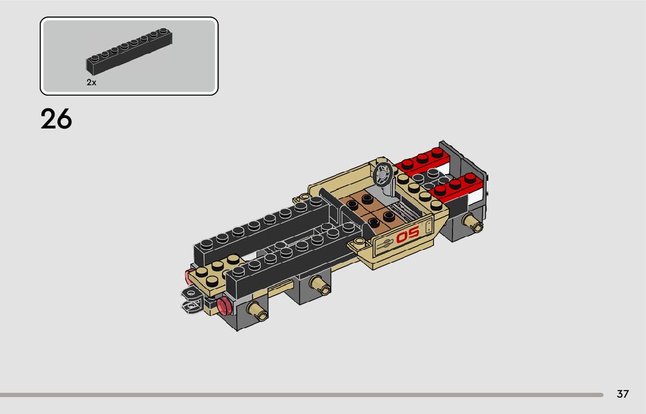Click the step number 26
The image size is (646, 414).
pos(56,119)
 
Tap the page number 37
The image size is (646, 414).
pos(623,394)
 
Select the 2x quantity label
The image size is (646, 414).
pos(91,82)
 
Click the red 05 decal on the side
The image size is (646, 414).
pos(408,234)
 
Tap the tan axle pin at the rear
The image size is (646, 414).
pos(472,222)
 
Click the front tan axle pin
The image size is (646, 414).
pos(258,311)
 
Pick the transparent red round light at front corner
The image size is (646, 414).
pos(224,305)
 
